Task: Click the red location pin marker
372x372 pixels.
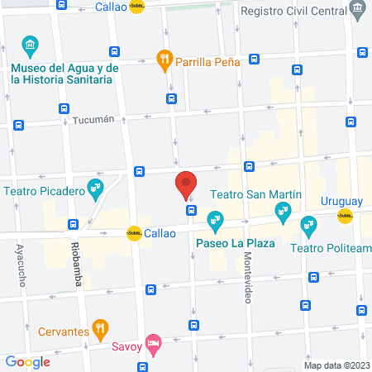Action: [185, 185]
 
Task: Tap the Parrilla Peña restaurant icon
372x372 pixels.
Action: [164, 59]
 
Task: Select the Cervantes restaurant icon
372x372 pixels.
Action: [100, 331]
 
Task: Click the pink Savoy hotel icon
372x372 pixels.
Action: [152, 342]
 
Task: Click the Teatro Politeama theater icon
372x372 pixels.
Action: [308, 223]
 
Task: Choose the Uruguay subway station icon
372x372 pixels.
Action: [344, 217]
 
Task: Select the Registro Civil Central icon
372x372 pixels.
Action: [357, 12]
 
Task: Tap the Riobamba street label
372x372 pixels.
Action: [77, 265]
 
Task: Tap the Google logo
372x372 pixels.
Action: [27, 361]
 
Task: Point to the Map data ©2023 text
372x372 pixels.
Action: [335, 365]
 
